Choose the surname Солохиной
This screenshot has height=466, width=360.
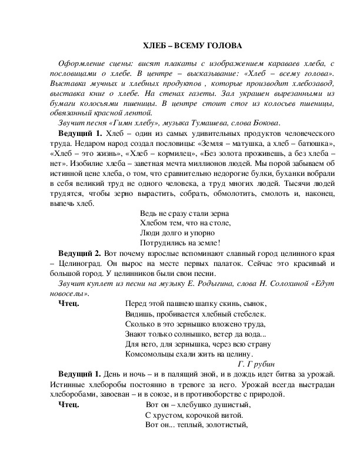(x=276, y=284)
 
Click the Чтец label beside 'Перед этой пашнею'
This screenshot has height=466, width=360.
(x=69, y=304)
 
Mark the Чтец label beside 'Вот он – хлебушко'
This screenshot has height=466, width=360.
(x=69, y=405)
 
